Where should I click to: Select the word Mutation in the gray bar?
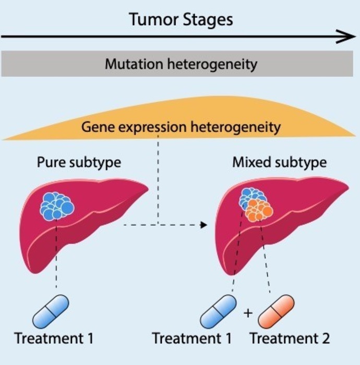point(131,65)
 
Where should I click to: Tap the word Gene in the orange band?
point(97,127)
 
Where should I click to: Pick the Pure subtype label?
point(79,162)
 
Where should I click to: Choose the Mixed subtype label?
point(279,162)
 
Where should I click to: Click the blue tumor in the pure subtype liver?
point(57,204)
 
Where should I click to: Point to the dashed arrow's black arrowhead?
point(204,225)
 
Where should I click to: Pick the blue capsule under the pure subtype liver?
point(51,311)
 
